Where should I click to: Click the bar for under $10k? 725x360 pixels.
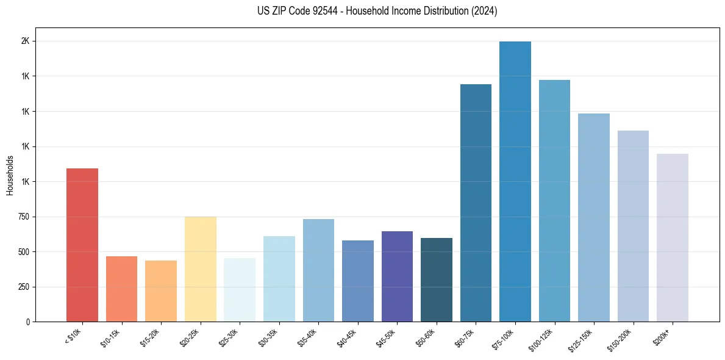click(82, 245)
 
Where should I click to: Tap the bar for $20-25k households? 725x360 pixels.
click(201, 269)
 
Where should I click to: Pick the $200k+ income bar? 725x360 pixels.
click(673, 237)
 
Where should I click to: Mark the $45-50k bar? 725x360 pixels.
click(397, 276)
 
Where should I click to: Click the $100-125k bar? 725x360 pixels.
click(554, 201)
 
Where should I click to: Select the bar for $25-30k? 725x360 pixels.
click(240, 290)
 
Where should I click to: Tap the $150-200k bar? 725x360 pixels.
click(633, 226)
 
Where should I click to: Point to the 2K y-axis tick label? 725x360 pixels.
click(26, 41)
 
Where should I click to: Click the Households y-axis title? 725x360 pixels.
click(10, 175)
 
